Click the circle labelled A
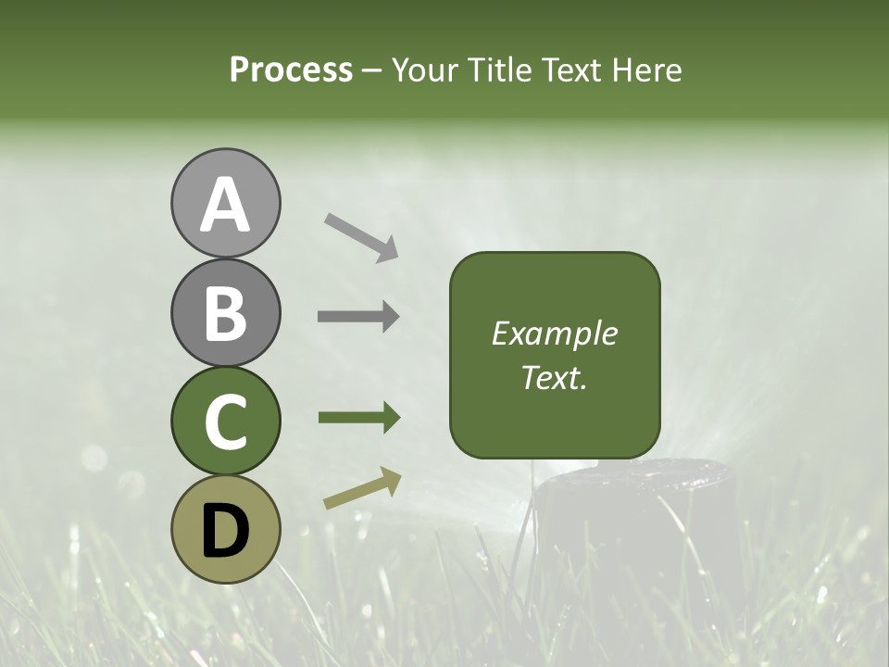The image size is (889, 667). tap(225, 203)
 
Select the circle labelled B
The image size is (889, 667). tap(225, 312)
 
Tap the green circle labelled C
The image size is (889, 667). tap(225, 421)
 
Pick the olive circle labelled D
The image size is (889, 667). tap(225, 529)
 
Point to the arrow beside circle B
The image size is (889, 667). tap(358, 317)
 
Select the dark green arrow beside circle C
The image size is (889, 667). tap(358, 418)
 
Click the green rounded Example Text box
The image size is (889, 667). tap(555, 356)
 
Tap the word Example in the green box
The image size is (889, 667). tap(554, 333)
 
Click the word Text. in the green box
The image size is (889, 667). tap(554, 378)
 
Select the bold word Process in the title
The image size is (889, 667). tap(291, 70)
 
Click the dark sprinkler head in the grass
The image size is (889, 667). tap(639, 519)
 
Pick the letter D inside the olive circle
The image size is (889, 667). tap(225, 530)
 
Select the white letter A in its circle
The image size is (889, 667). tap(225, 204)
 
